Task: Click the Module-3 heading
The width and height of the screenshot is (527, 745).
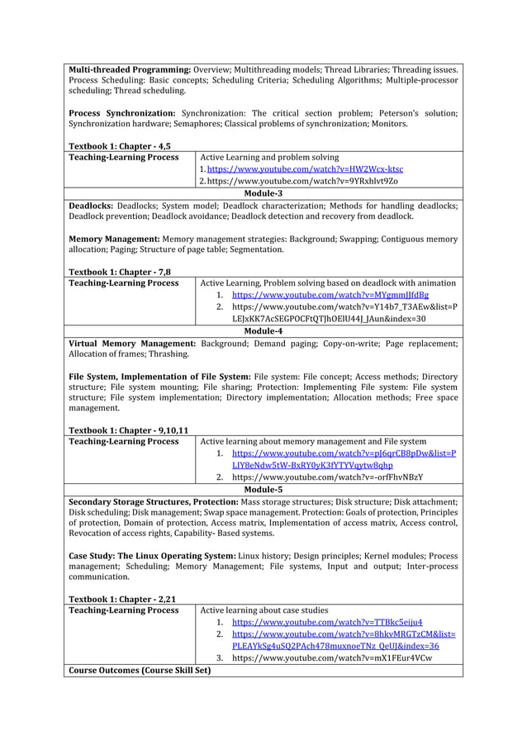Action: point(263,193)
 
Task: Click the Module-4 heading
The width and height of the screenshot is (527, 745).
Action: point(263,330)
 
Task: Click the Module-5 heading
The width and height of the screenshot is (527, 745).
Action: point(263,489)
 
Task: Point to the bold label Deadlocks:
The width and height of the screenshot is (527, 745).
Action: point(90,205)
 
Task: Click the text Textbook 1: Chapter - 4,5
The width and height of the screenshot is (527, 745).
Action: point(120,145)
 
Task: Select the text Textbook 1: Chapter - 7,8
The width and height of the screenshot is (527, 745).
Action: point(120,272)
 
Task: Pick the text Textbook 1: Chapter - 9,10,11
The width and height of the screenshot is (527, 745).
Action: point(128,430)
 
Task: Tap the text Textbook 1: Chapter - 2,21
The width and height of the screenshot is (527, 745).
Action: point(122,599)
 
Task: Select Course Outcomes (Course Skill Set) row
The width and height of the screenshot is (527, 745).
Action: point(140,670)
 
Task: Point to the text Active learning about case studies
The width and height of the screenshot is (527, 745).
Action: point(264,610)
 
